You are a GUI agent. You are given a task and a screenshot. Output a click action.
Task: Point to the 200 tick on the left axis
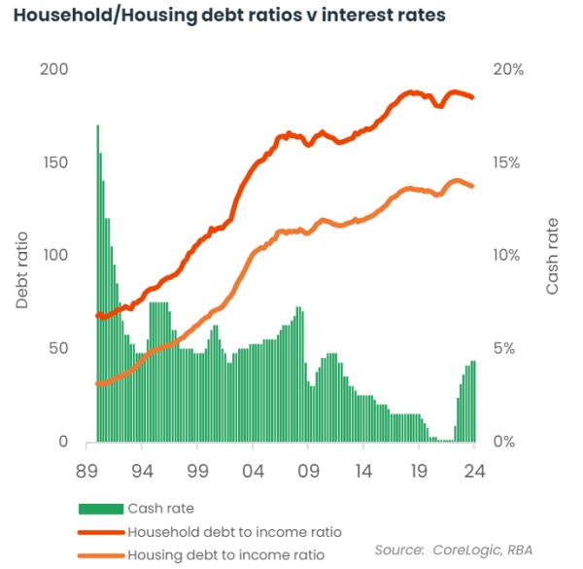coord(53,70)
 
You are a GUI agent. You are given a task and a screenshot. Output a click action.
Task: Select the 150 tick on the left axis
coord(53,162)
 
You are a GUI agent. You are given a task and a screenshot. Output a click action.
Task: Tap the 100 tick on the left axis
coord(53,256)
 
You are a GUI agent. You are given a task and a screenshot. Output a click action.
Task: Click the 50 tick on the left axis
coord(57,348)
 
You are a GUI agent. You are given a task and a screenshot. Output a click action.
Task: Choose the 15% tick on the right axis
coord(506,162)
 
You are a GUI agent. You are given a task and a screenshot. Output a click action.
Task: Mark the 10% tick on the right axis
coord(506,256)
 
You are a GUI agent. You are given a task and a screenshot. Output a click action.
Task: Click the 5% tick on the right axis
coord(502,348)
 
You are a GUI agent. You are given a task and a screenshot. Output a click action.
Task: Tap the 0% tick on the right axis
coord(502,442)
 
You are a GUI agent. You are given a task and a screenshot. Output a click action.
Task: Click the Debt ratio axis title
coord(23,269)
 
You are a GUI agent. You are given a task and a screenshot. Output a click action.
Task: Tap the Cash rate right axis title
coord(553,256)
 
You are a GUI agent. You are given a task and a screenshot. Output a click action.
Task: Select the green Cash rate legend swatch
coord(100,508)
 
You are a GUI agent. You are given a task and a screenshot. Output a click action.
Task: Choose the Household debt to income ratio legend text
coord(235,532)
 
